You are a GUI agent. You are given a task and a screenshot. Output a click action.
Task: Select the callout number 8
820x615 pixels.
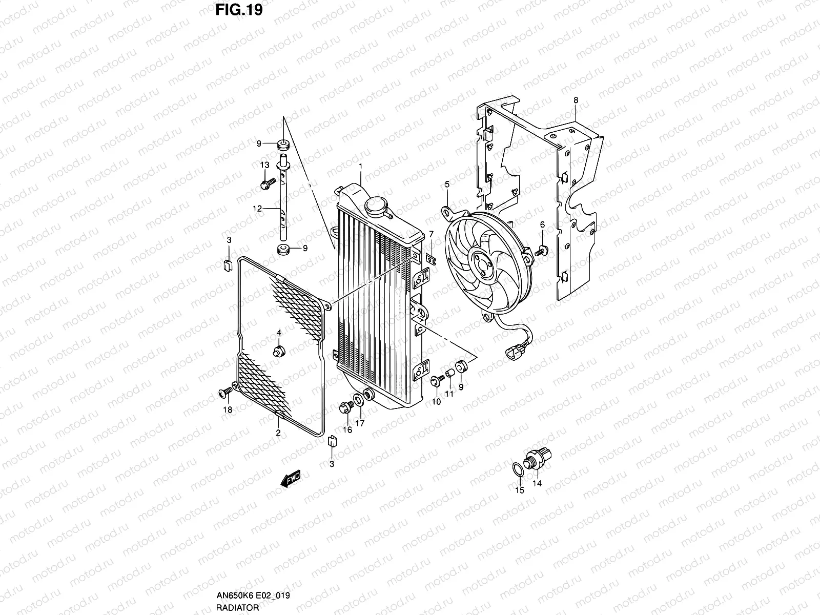576,100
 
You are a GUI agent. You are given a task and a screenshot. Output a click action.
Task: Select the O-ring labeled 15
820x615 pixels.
518,468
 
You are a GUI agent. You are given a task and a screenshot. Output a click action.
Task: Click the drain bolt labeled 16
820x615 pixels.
346,407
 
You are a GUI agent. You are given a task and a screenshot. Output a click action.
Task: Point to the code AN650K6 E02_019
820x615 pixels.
252,596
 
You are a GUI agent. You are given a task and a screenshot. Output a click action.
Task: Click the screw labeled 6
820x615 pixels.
542,251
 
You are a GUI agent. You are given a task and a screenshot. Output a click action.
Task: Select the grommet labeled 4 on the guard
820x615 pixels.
280,351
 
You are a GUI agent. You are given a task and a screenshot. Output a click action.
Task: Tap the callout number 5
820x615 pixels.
447,183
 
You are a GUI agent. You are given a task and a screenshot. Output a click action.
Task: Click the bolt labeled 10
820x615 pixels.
436,381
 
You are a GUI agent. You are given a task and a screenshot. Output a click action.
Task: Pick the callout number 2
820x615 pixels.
278,433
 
